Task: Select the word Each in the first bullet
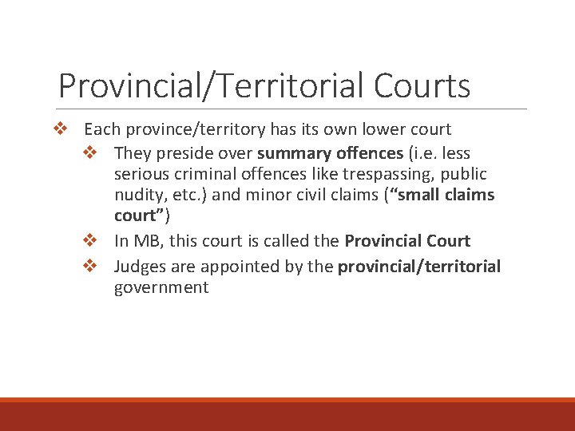[x=100, y=129]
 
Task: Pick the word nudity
[x=138, y=195]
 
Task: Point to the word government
[x=161, y=287]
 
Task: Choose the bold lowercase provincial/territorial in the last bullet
[x=419, y=266]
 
